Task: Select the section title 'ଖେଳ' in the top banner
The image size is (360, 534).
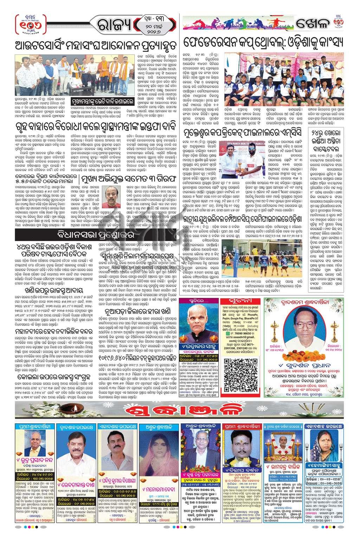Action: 310,26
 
